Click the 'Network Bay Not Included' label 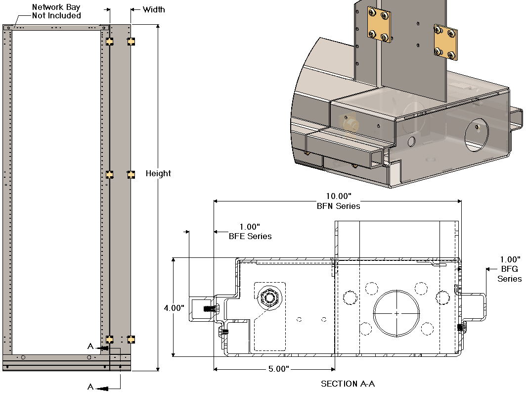coord(56,11)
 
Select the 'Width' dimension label coord(154,9)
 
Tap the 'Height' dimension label coord(158,173)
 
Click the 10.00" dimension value coord(338,196)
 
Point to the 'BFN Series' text coord(338,206)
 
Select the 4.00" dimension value coord(175,308)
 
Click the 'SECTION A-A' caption coord(346,384)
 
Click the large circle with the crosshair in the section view coord(396,313)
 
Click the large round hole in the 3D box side coord(476,135)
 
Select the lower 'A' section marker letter coord(90,386)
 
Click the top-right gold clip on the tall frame coord(131,41)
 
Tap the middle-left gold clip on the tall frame coord(110,174)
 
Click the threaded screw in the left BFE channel coord(210,309)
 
